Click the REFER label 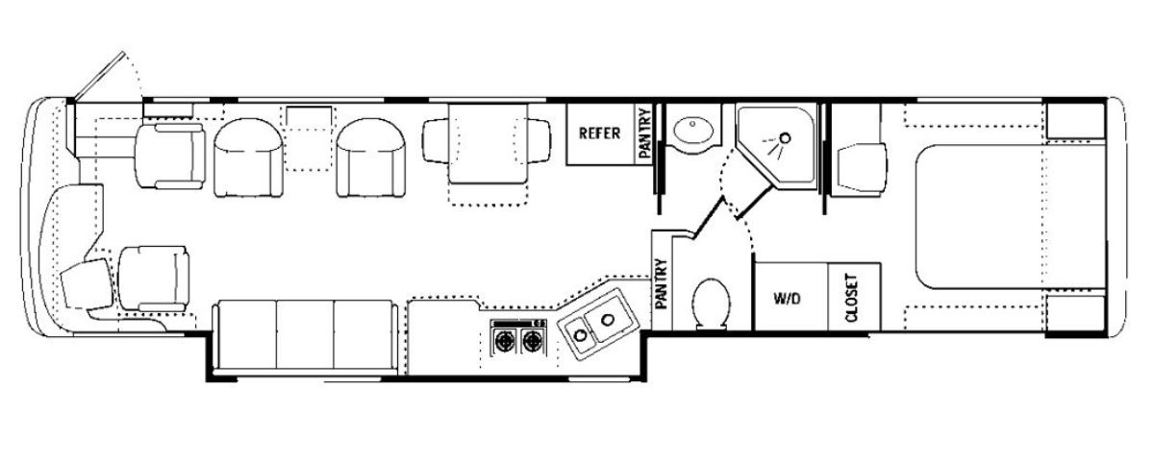click(x=599, y=134)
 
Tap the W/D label click(x=788, y=299)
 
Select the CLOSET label click(x=852, y=298)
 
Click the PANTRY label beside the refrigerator click(x=644, y=134)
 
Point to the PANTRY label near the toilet click(x=662, y=283)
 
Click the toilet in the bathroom click(x=712, y=304)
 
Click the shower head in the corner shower click(x=785, y=138)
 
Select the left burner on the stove click(x=503, y=340)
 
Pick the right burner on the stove click(x=531, y=340)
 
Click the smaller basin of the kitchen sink click(x=581, y=335)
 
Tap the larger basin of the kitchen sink click(x=609, y=319)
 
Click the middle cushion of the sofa click(x=305, y=334)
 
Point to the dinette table click(x=488, y=143)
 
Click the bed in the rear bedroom click(x=1011, y=216)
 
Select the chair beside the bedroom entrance click(x=862, y=169)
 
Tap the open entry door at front click(x=99, y=75)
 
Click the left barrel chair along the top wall click(x=248, y=158)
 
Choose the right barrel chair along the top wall click(x=371, y=158)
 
